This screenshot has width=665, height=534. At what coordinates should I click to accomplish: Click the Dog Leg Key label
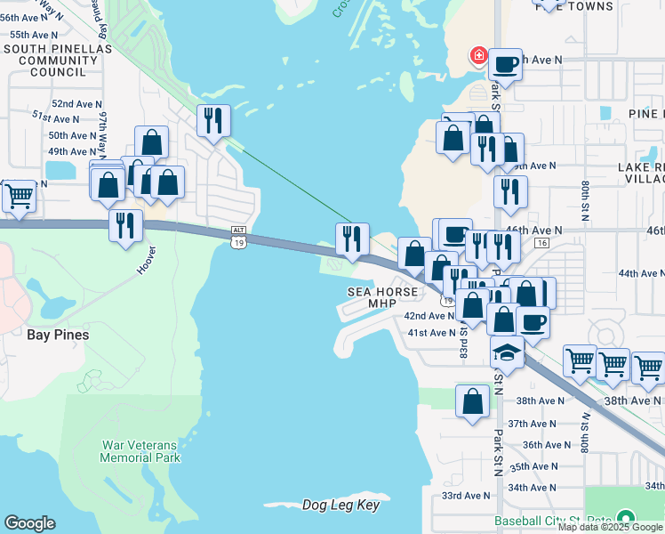pos(341,506)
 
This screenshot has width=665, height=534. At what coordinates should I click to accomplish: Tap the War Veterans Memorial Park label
pos(140,450)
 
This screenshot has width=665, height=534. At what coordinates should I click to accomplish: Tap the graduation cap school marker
pos(507,352)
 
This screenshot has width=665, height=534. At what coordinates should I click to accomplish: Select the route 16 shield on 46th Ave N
pos(541,242)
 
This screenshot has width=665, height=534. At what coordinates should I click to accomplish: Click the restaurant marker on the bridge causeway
pos(352,239)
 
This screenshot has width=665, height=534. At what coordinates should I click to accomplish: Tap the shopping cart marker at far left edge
pos(18,195)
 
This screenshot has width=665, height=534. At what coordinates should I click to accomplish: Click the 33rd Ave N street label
pos(466,496)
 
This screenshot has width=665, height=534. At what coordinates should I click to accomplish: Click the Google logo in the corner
pos(29,523)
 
